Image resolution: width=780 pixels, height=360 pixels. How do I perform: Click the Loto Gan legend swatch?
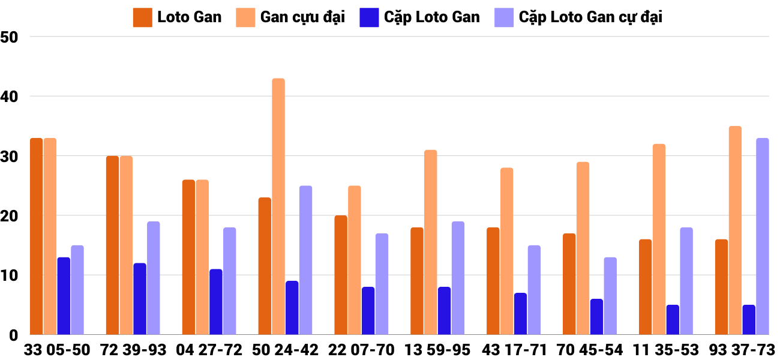tap(143, 17)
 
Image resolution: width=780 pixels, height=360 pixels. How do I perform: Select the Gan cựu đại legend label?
tap(302, 17)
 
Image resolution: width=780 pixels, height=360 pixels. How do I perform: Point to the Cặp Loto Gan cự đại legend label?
tap(590, 17)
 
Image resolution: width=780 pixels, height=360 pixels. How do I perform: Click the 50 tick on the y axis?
tap(10, 37)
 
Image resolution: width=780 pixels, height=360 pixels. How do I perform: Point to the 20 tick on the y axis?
tap(10, 216)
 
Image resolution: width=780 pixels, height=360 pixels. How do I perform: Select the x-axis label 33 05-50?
tap(57, 350)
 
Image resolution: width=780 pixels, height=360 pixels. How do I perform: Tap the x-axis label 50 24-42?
tap(285, 350)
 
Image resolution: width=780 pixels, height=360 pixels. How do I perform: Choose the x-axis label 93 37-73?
tap(742, 350)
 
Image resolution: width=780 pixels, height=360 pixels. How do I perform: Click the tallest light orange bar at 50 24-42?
tap(278, 206)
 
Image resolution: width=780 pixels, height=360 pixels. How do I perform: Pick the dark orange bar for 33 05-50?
tap(37, 236)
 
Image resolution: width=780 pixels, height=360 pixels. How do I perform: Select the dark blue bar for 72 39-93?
tap(140, 299)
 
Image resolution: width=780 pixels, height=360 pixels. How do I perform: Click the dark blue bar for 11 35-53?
tap(673, 320)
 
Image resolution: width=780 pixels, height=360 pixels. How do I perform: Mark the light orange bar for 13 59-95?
tap(431, 242)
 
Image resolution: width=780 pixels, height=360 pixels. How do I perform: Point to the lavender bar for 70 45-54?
tap(610, 296)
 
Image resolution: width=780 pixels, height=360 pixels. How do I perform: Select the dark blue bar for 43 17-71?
tap(520, 314)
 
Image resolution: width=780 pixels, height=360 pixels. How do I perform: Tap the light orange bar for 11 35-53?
tap(659, 239)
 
